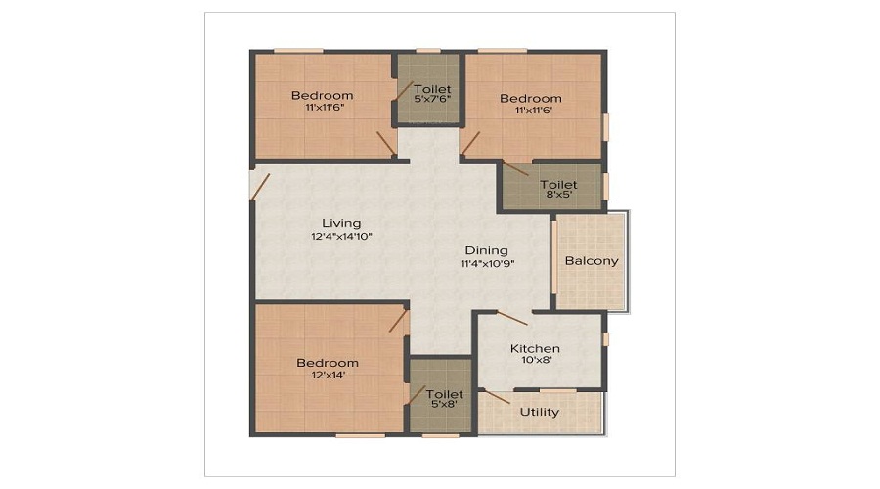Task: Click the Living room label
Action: [341, 223]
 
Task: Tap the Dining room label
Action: [487, 250]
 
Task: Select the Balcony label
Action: [592, 261]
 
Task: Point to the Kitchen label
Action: [535, 348]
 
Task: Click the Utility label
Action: [540, 412]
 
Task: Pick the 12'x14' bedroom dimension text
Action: [329, 375]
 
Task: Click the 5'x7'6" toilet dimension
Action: [433, 100]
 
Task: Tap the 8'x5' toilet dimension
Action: [559, 195]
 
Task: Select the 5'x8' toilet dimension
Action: [445, 404]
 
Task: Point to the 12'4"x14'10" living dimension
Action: [342, 237]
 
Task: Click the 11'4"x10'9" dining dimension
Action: [488, 263]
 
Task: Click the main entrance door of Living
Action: [260, 187]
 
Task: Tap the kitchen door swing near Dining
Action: [511, 318]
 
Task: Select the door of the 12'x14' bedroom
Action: [398, 320]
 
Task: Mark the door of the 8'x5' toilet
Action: [515, 168]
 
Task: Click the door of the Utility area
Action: [498, 397]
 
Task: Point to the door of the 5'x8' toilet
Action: [416, 395]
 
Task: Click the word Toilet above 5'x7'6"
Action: [433, 89]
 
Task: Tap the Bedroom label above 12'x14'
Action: [328, 363]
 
